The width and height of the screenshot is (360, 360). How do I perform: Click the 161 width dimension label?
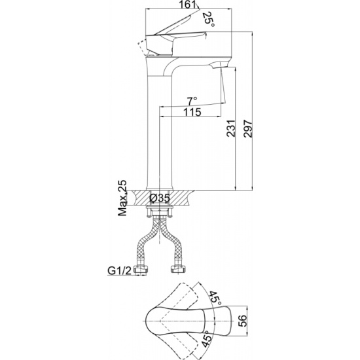point(188,4)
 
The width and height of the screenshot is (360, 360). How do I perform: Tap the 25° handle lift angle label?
point(209,20)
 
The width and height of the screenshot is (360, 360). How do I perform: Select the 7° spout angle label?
point(192,101)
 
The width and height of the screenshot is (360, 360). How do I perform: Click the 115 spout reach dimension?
point(192,112)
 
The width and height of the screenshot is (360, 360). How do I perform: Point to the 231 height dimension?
point(231,128)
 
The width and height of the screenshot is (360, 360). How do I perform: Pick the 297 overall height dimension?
point(248,128)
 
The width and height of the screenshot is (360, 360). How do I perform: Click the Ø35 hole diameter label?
point(160,198)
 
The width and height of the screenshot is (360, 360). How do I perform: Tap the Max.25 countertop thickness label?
point(122,198)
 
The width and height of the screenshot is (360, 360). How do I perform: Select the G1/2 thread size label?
point(119,271)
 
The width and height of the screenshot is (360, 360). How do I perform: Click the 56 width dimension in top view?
point(242,321)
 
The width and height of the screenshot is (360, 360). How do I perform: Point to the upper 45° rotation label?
point(215,298)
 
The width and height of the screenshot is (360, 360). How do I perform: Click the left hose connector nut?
point(141,269)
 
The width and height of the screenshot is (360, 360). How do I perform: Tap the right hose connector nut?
point(177,269)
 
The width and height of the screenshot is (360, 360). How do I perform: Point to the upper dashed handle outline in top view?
point(184,295)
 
